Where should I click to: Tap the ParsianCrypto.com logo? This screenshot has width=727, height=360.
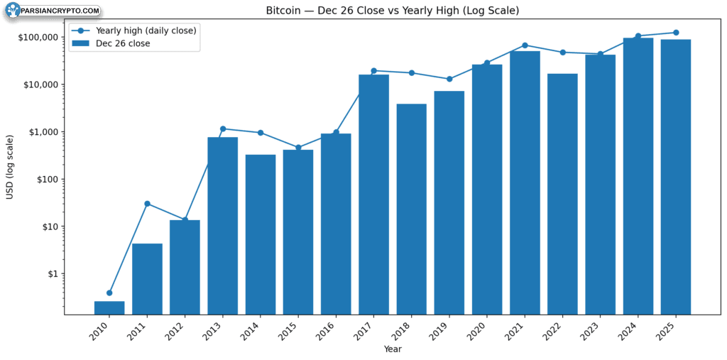point(53,10)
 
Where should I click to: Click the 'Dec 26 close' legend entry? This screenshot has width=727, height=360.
point(111,43)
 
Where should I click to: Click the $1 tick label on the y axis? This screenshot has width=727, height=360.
point(53,274)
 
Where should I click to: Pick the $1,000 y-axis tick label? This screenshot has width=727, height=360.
point(42,132)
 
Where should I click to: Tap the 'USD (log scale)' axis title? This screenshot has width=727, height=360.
point(10,168)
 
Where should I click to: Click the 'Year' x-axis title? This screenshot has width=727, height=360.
point(392,349)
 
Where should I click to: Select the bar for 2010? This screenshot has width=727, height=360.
point(109,308)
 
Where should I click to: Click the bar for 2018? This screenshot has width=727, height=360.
point(411,209)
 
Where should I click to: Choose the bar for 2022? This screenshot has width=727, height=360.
point(562,195)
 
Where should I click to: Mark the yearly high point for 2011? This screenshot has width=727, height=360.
point(148,204)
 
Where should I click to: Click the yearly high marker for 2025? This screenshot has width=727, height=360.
point(676,33)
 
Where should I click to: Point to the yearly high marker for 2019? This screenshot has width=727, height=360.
point(449,79)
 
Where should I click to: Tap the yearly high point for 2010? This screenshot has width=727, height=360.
point(109,293)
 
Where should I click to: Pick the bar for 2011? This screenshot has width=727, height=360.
point(148,279)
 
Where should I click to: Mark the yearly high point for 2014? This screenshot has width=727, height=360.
point(261,133)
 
